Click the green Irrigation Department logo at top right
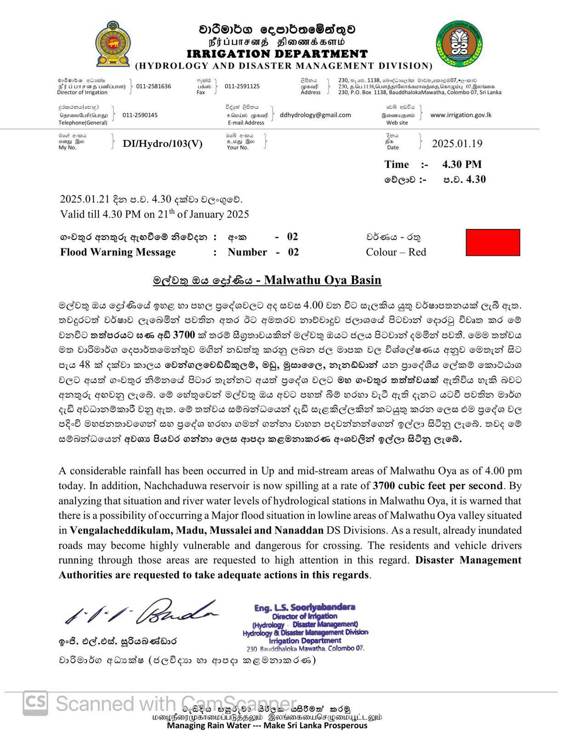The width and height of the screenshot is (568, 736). coord(459,44)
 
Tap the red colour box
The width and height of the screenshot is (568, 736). coord(493,242)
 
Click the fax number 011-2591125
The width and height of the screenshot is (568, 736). coord(242,86)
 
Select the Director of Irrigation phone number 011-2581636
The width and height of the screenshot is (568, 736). coord(153,86)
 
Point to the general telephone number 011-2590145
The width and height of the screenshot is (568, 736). coord(140,115)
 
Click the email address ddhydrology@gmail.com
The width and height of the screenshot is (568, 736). coord(315,115)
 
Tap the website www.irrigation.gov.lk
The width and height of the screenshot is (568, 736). coord(461,115)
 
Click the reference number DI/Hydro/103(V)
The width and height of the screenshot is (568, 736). coord(162,144)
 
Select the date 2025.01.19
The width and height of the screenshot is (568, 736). coord(457,144)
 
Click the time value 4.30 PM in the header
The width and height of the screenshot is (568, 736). coord(462,164)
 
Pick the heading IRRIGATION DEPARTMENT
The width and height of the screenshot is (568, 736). coord(277,54)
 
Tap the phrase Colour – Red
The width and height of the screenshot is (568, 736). coord(396,252)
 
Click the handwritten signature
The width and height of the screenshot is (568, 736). coord(142,612)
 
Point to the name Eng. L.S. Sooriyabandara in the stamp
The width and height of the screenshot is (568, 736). coord(304,608)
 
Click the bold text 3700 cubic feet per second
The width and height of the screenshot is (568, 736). coord(438,486)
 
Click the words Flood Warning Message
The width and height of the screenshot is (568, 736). coord(118,252)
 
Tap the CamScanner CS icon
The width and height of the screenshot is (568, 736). coord(35,703)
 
